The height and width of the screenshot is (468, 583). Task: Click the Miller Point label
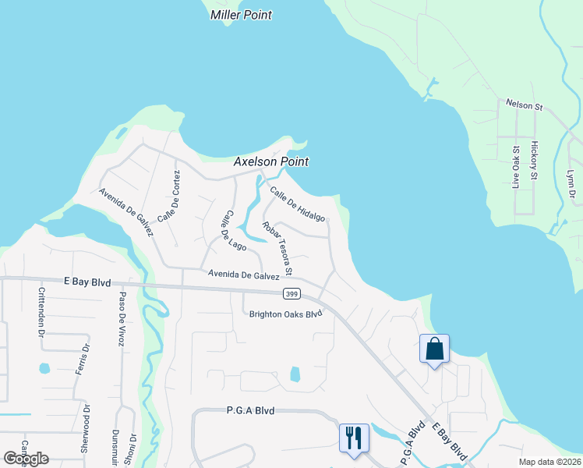(241, 15)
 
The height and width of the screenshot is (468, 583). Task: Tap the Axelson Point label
(271, 161)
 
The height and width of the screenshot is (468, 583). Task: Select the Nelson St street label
(524, 103)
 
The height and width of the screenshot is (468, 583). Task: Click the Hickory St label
(535, 161)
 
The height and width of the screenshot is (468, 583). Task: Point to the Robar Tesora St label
(277, 249)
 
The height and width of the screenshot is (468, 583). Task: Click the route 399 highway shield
(289, 292)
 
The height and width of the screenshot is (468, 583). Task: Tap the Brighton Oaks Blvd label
(285, 314)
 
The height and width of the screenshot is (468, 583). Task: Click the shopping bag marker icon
(434, 348)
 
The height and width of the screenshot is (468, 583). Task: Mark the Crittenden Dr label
(41, 312)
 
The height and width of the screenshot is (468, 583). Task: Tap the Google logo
(26, 459)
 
